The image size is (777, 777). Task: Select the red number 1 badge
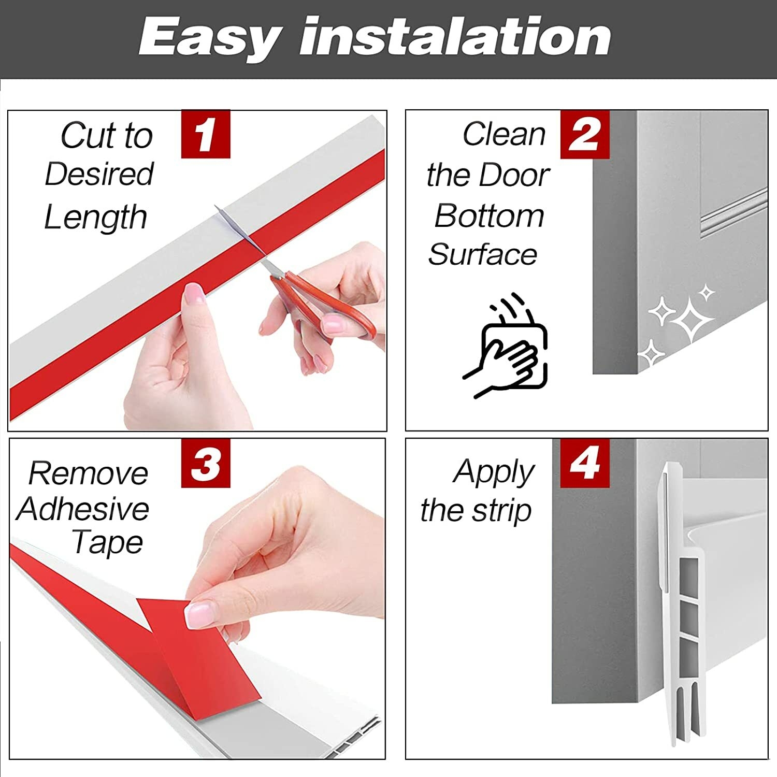(x=206, y=134)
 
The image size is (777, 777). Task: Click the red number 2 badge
(x=585, y=135)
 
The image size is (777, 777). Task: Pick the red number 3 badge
(x=206, y=463)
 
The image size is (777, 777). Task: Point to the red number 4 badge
(x=585, y=463)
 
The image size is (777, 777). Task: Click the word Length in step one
(x=96, y=218)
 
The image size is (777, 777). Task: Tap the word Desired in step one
(x=99, y=174)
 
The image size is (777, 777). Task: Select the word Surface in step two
(x=483, y=254)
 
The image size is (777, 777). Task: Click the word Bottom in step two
(x=490, y=215)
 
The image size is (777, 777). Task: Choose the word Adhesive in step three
(x=83, y=509)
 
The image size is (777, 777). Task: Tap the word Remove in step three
(x=88, y=473)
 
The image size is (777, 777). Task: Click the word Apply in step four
(x=494, y=473)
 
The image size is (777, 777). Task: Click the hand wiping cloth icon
(x=506, y=346)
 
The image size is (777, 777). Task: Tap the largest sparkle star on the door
(x=691, y=319)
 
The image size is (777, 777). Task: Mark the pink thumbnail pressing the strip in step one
(x=195, y=294)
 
